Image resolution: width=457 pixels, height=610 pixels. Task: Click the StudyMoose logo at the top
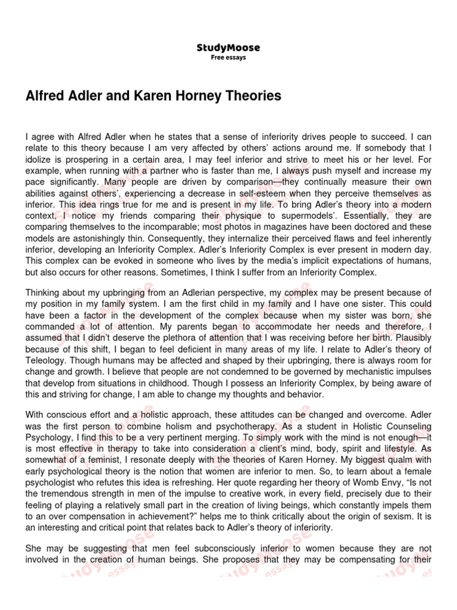coord(228,48)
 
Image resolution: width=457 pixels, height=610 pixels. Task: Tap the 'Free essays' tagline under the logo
coord(228,58)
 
